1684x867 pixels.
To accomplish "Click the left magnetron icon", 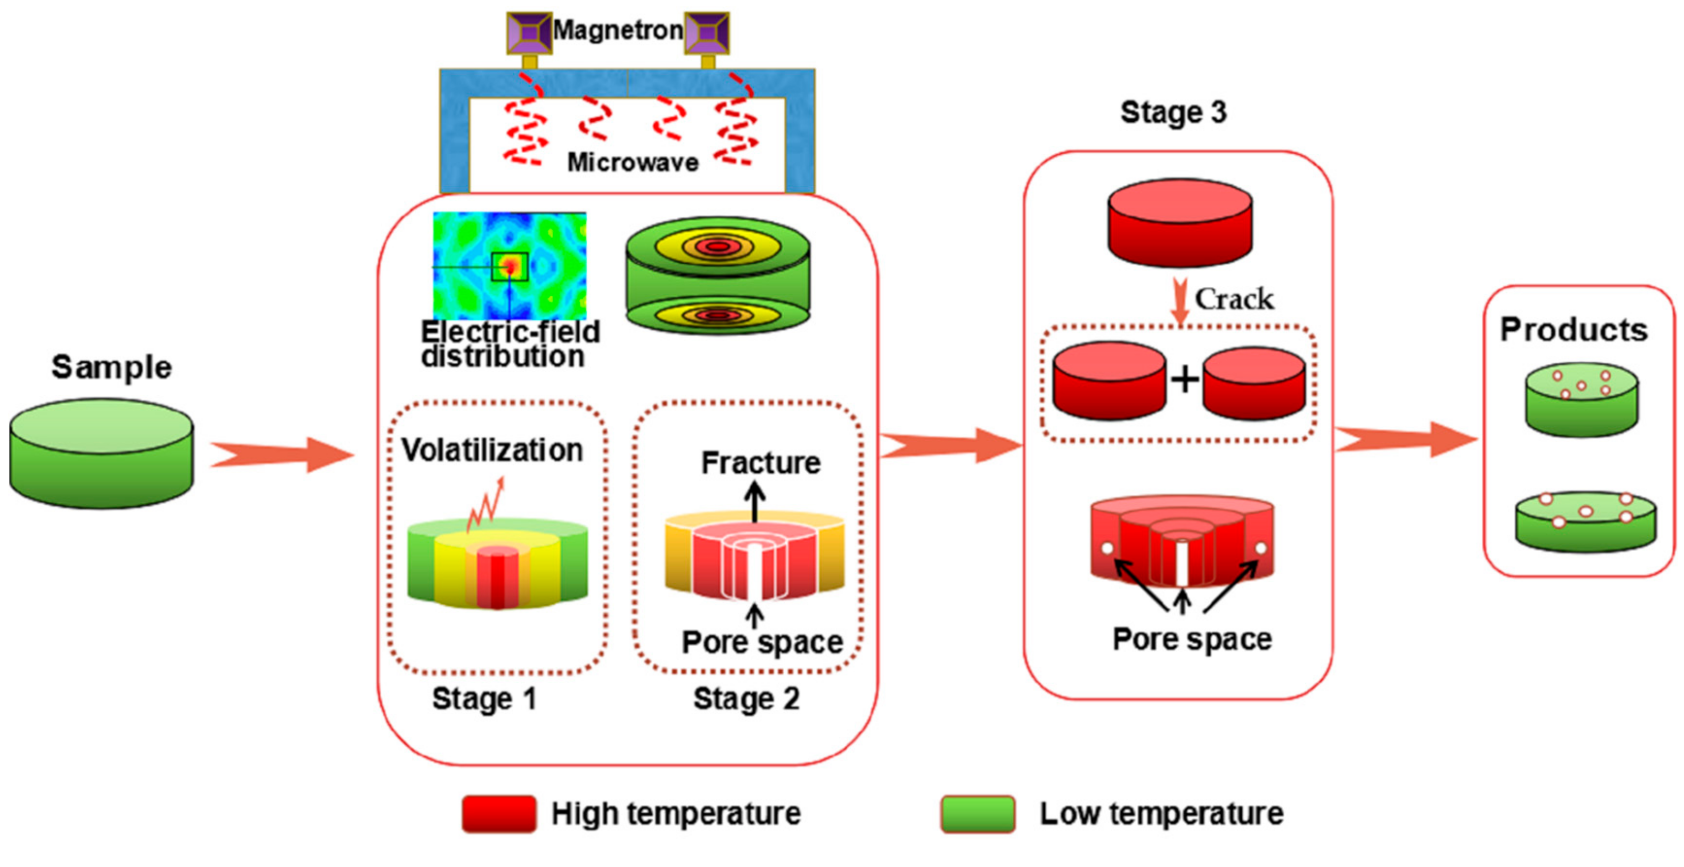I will click(x=529, y=33).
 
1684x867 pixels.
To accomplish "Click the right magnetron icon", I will click(x=707, y=33).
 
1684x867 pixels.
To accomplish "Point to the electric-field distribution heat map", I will click(x=509, y=265).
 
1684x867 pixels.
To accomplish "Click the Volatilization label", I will click(x=492, y=450).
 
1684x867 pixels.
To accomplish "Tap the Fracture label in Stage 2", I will click(x=760, y=463).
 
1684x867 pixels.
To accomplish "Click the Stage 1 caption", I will click(x=484, y=698).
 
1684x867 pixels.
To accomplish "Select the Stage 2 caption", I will click(x=746, y=698).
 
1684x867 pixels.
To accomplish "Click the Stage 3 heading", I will click(x=1173, y=112).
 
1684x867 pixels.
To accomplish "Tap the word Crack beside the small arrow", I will click(x=1234, y=299).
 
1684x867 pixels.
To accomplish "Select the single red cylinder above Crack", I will click(x=1180, y=222).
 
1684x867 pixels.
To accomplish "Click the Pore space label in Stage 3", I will click(x=1192, y=639).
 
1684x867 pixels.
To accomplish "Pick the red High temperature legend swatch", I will click(x=499, y=813).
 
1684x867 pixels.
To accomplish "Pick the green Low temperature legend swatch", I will click(x=977, y=813).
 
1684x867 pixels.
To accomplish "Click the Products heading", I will click(x=1574, y=329).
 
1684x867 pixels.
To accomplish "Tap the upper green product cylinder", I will click(x=1581, y=399).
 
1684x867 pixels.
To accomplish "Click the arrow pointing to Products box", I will click(x=1405, y=439).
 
